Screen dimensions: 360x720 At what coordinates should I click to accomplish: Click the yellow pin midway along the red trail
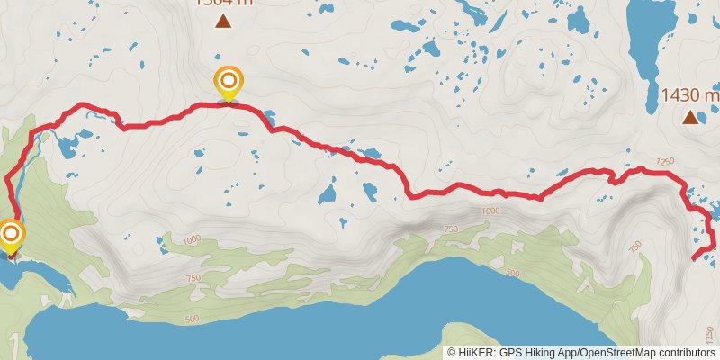pos(228,82)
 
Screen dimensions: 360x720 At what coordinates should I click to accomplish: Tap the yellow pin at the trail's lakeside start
pos(11,235)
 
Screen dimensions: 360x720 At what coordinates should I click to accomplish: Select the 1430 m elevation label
pos(690,95)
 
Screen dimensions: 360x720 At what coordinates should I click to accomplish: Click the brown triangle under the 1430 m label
pos(690,117)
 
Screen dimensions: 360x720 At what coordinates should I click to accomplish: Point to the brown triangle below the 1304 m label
pos(222,22)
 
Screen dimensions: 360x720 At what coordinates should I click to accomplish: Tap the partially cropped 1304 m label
pos(221,3)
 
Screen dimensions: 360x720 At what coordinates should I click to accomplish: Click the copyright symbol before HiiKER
pos(453,353)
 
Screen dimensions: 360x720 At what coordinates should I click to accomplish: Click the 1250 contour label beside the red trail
pos(665,161)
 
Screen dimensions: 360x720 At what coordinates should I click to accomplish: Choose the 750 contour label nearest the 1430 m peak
pos(634,247)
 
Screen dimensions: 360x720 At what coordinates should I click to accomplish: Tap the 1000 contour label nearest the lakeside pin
pos(191,240)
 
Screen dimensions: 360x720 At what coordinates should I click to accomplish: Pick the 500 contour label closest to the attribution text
pos(514,273)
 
